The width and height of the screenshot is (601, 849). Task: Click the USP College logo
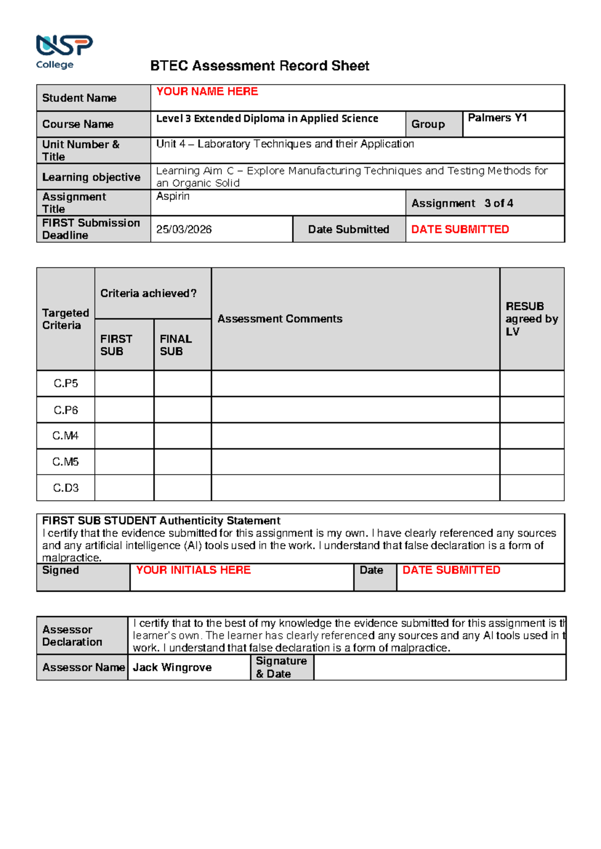click(x=64, y=52)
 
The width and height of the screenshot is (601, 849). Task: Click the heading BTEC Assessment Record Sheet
click(x=259, y=66)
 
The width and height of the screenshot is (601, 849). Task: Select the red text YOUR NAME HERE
click(x=207, y=92)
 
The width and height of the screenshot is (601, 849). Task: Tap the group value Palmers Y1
click(x=497, y=118)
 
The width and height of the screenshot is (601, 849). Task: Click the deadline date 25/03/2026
click(x=184, y=230)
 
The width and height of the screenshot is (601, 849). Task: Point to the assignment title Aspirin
click(x=173, y=197)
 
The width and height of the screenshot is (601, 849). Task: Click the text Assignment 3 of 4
click(x=462, y=204)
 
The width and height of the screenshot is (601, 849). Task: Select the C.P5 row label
click(x=66, y=384)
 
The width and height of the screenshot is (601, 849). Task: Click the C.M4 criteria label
click(x=66, y=436)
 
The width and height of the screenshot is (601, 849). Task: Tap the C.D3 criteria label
click(x=66, y=488)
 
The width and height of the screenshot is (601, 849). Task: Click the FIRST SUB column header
click(x=116, y=345)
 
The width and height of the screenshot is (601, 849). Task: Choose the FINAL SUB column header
click(x=175, y=345)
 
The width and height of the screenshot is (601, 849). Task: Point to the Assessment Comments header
click(x=279, y=319)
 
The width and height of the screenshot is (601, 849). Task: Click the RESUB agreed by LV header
click(x=531, y=319)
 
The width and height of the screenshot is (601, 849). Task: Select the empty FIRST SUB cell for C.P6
click(x=124, y=410)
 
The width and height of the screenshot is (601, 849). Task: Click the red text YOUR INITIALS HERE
click(x=193, y=571)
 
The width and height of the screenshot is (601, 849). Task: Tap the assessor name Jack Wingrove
click(x=172, y=668)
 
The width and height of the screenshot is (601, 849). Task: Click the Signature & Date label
click(x=281, y=668)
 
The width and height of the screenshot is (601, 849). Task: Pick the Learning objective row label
click(x=91, y=177)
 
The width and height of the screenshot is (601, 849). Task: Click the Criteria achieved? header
click(x=148, y=294)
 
